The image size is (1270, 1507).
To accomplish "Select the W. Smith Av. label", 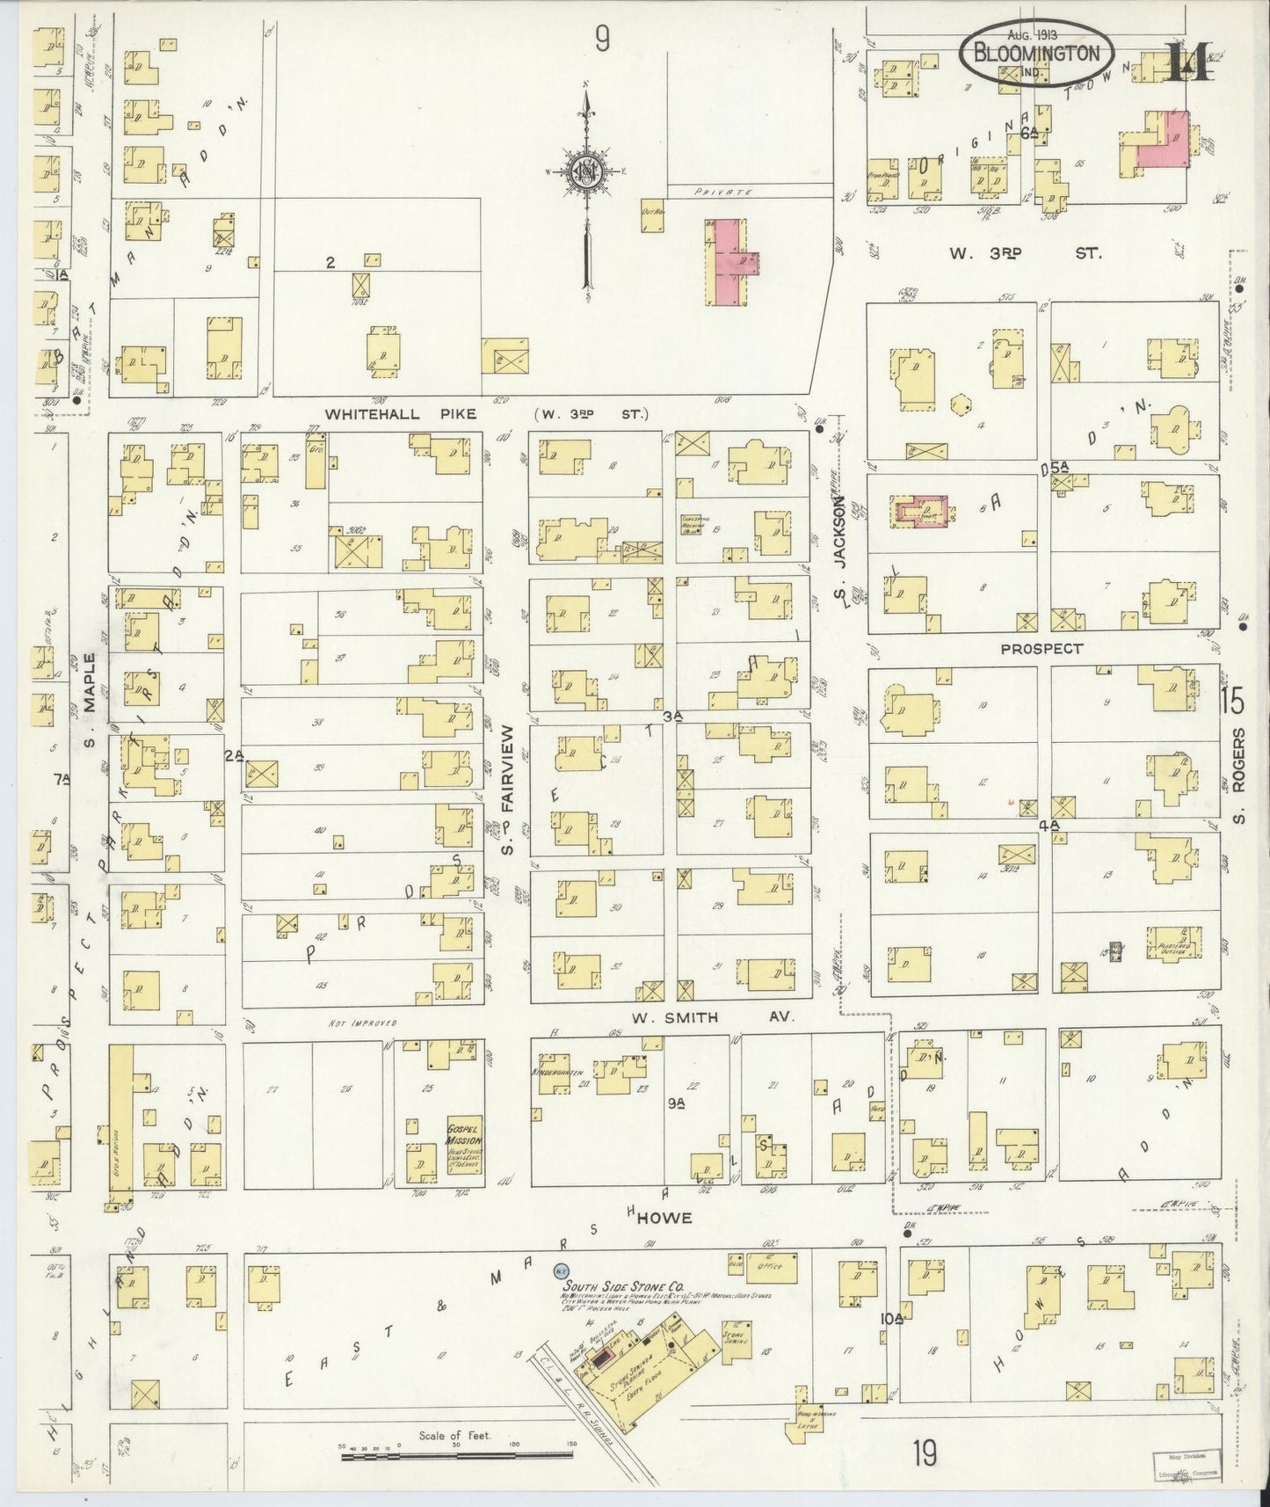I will (712, 1017).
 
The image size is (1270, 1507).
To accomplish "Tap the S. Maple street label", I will (89, 699).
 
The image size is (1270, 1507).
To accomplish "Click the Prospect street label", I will (1041, 648).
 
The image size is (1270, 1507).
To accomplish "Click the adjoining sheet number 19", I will (923, 1453).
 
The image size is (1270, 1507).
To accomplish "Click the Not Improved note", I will (362, 1023).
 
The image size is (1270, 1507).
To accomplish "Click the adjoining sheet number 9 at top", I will (601, 38).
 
